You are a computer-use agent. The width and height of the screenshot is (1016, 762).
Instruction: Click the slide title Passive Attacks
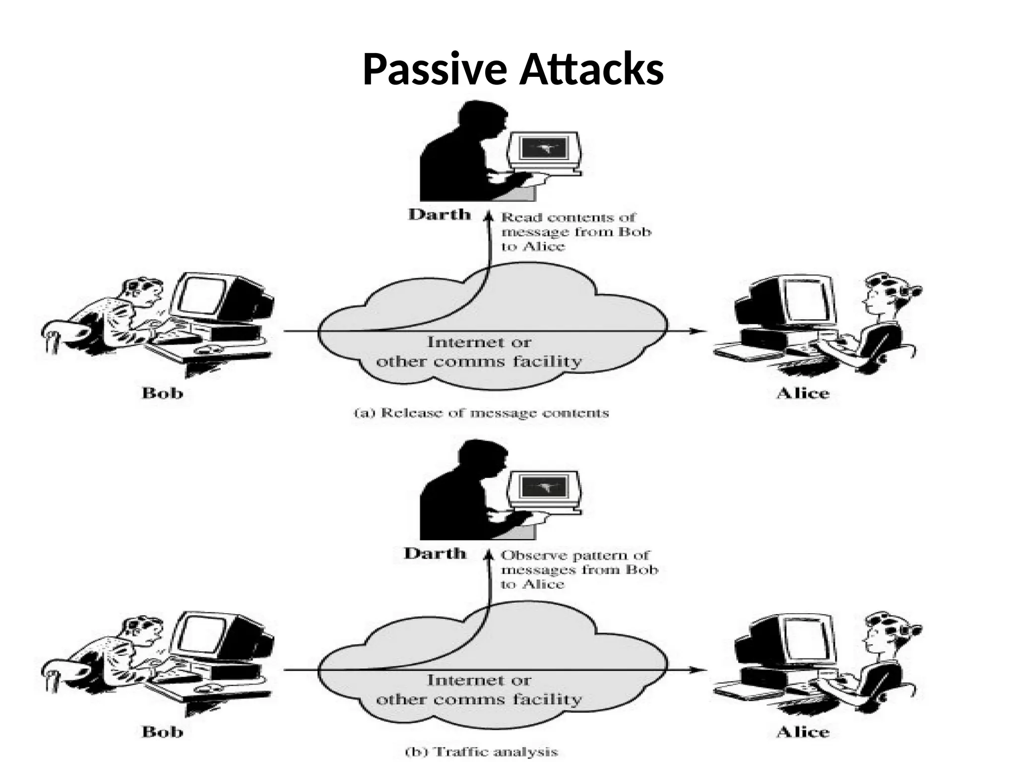513,69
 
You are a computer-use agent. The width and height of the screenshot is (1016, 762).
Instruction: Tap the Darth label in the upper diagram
439,215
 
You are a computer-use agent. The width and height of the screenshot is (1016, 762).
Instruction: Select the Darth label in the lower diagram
435,553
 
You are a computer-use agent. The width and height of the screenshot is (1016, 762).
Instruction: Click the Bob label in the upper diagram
162,393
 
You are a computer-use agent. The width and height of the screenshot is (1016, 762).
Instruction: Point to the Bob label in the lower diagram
162,732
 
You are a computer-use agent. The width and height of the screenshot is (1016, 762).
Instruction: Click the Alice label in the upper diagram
803,393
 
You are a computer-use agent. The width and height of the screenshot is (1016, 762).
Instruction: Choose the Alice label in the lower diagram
803,732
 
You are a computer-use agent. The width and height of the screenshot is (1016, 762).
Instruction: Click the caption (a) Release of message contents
481,413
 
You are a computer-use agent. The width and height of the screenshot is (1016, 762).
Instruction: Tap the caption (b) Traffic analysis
481,752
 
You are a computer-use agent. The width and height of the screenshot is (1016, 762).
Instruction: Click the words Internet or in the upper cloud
479,342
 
